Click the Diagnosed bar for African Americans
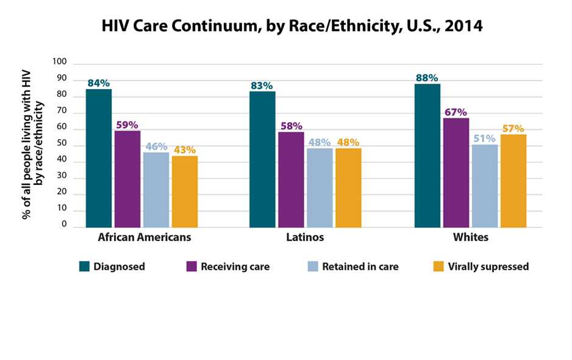click(98, 158)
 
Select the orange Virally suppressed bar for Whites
click(513, 181)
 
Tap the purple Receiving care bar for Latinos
click(291, 179)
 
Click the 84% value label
click(98, 82)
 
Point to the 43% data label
click(184, 149)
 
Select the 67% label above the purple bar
click(456, 112)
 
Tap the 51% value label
click(484, 138)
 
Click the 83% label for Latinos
click(262, 85)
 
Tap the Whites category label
click(470, 237)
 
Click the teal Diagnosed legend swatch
click(85, 266)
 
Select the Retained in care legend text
click(360, 267)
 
